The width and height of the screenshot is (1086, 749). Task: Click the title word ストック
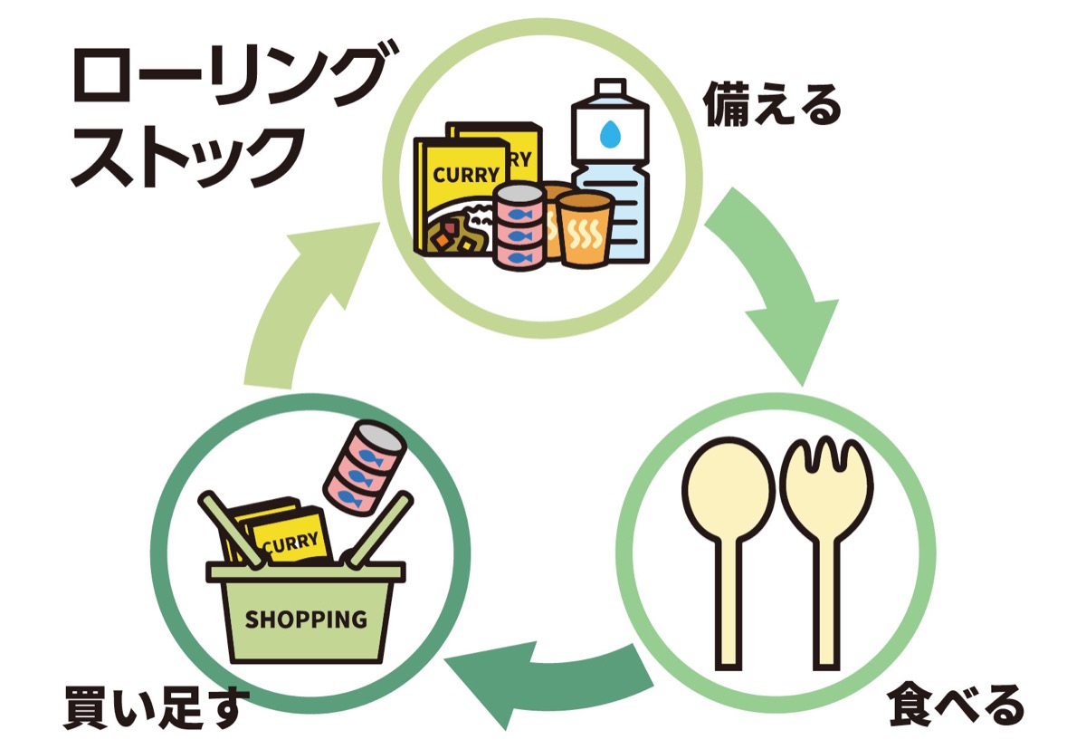click(x=186, y=158)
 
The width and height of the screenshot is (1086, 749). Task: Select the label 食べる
click(x=956, y=705)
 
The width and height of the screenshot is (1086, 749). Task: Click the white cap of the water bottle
click(x=609, y=91)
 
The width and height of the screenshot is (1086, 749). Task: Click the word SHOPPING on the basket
click(x=306, y=619)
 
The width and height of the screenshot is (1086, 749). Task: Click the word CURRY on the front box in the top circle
click(x=465, y=175)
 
